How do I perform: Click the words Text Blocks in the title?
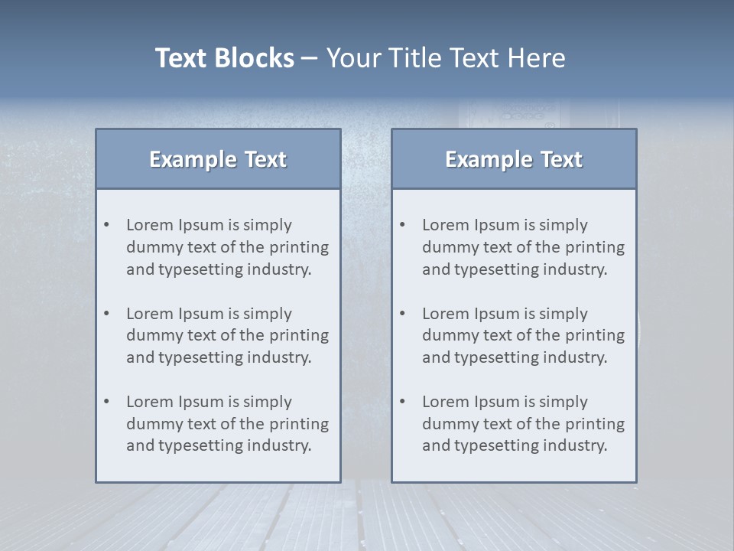pyautogui.click(x=224, y=58)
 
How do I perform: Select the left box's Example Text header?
pyautogui.click(x=218, y=159)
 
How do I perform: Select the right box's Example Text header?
pyautogui.click(x=514, y=159)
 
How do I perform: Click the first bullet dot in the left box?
pyautogui.click(x=107, y=225)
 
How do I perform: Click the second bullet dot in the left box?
pyautogui.click(x=107, y=314)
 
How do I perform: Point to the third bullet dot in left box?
pyautogui.click(x=107, y=402)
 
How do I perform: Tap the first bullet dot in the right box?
pyautogui.click(x=403, y=225)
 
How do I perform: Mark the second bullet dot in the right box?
pyautogui.click(x=403, y=314)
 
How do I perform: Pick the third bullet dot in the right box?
pyautogui.click(x=403, y=402)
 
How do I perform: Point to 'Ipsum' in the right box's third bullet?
pyautogui.click(x=497, y=403)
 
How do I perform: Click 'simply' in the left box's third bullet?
pyautogui.click(x=268, y=403)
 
